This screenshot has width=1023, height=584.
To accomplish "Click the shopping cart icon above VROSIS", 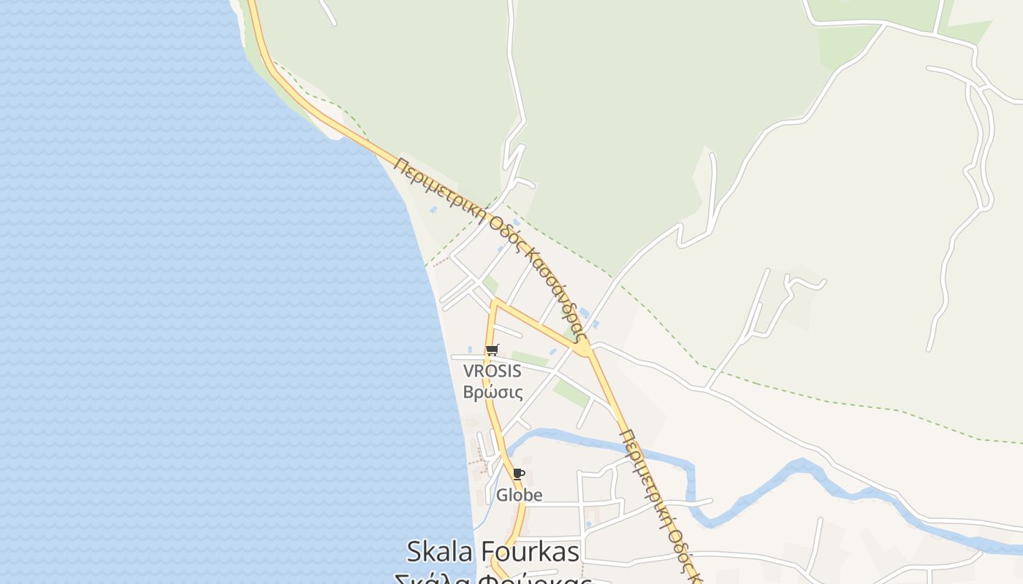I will click(492, 350).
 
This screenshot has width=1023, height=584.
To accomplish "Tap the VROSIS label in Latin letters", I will click(492, 371).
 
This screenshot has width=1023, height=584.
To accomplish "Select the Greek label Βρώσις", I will click(493, 392).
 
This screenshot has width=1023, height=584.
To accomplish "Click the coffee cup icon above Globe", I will click(518, 474).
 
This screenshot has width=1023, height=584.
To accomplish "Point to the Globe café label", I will click(519, 495).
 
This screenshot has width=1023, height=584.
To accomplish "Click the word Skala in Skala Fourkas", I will click(440, 551).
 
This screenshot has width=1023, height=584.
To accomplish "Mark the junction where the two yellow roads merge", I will click(582, 348).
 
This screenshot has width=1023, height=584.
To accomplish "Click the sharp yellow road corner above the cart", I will click(495, 301).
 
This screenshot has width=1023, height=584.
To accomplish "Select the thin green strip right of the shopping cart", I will click(529, 359).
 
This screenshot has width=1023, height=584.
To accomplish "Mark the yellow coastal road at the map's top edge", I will click(253, 6).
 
